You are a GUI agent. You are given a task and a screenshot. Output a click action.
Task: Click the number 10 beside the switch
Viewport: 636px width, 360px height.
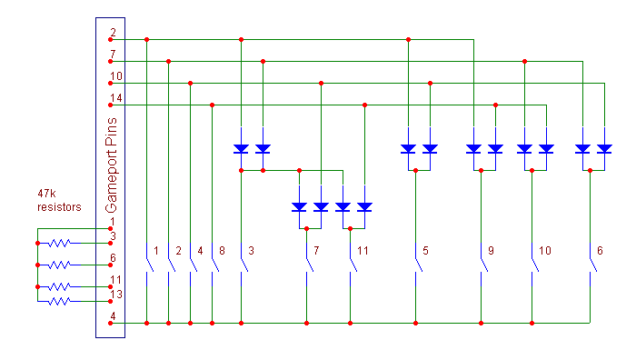click(545, 251)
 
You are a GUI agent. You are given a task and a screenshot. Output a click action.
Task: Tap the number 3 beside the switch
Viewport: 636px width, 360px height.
click(251, 251)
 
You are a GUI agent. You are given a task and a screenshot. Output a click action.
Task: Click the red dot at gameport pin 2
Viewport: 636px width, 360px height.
click(110, 40)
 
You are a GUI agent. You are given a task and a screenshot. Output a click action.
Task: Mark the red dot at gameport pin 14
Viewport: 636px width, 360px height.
click(110, 105)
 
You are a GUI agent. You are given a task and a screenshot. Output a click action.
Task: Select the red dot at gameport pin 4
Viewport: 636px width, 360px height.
click(110, 323)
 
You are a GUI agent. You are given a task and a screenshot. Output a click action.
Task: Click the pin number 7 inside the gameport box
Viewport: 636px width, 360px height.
click(113, 54)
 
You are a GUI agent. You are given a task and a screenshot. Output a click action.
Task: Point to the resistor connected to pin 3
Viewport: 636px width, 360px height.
click(59, 243)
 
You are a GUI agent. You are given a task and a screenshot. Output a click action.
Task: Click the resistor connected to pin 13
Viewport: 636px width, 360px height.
click(59, 301)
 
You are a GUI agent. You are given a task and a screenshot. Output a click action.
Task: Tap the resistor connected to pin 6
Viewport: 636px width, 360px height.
click(59, 265)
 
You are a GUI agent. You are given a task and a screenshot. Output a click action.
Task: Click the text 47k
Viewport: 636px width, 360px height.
click(46, 194)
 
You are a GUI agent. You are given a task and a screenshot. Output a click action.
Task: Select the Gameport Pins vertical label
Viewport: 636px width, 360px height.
click(111, 165)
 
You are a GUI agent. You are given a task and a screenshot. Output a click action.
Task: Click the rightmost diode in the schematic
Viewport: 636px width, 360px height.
click(604, 148)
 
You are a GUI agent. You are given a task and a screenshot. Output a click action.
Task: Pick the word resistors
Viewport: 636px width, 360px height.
click(59, 207)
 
